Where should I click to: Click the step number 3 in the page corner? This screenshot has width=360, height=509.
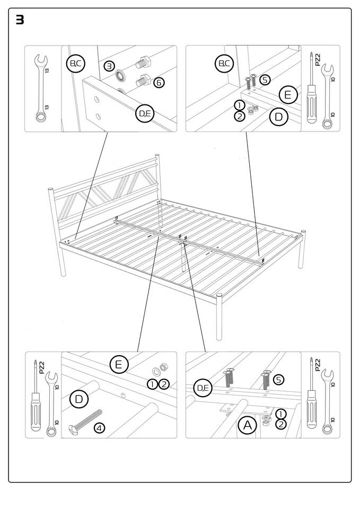tap(20, 21)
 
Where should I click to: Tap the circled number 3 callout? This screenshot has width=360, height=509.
tap(109, 66)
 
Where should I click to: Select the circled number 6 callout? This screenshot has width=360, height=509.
tap(159, 82)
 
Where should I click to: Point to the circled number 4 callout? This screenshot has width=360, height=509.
tap(99, 427)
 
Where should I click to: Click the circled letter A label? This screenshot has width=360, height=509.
tap(246, 425)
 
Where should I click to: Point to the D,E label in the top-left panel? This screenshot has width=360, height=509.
tap(145, 114)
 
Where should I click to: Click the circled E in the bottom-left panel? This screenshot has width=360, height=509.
tap(119, 364)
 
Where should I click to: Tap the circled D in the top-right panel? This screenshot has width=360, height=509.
tap(279, 117)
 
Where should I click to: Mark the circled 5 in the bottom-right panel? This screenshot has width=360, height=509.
tap(279, 380)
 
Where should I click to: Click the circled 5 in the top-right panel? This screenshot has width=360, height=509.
tap(265, 80)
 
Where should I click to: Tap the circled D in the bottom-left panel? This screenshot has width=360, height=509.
tap(78, 399)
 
